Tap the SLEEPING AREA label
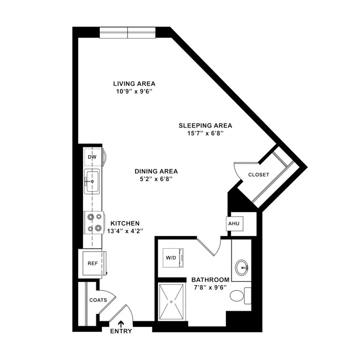pyautogui.click(x=205, y=125)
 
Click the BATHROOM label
pyautogui.click(x=210, y=279)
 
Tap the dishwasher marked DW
pyautogui.click(x=92, y=158)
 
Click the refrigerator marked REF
pyautogui.click(x=92, y=263)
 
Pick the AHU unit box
pyautogui.click(x=232, y=223)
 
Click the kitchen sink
pyautogui.click(x=92, y=181)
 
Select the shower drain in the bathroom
pyautogui.click(x=172, y=302)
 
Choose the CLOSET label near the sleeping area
pyautogui.click(x=258, y=174)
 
